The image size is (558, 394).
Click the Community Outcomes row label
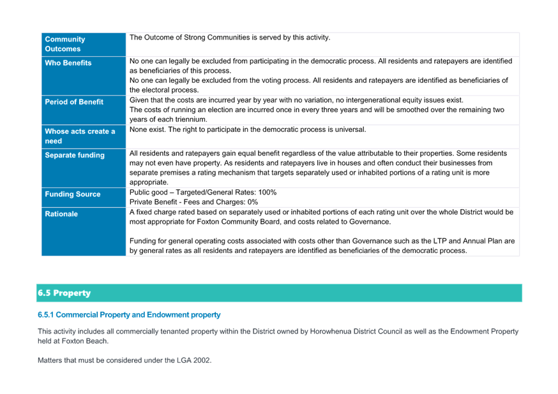click(64, 44)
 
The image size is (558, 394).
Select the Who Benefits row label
click(68, 63)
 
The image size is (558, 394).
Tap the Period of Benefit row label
click(74, 102)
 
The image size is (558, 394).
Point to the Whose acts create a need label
click(80, 136)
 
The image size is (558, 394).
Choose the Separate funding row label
click(75, 156)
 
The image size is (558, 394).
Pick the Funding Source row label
click(73, 194)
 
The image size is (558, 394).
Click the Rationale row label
click(61, 214)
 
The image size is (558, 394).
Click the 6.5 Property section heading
click(64, 293)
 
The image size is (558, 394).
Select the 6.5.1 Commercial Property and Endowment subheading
click(129, 315)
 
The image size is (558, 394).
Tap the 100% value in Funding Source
click(268, 192)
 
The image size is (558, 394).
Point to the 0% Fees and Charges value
click(253, 202)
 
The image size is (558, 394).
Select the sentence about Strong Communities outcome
click(230, 38)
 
